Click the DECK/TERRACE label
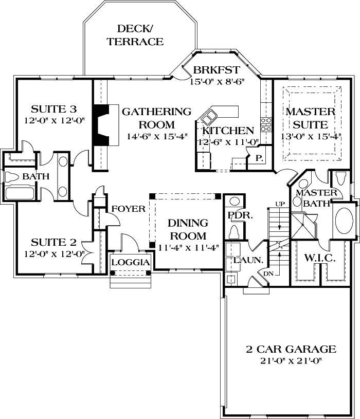pyautogui.click(x=135, y=35)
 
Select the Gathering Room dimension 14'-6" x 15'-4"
pyautogui.click(x=157, y=136)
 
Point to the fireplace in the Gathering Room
pyautogui.click(x=101, y=125)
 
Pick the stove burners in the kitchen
pyautogui.click(x=266, y=125)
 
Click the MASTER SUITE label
pyautogui.click(x=310, y=118)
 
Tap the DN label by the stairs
pyautogui.click(x=268, y=274)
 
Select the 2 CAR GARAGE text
pyautogui.click(x=291, y=350)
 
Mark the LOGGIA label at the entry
pyautogui.click(x=131, y=262)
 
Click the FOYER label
pyautogui.click(x=129, y=209)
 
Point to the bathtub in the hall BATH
pyautogui.click(x=20, y=194)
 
